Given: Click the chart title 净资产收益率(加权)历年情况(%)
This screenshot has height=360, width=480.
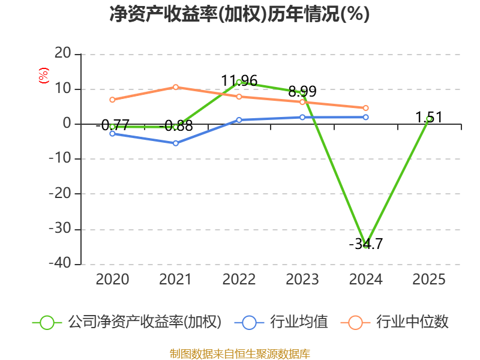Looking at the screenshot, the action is coord(239,14).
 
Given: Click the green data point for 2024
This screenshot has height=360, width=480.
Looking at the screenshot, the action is coord(365,245).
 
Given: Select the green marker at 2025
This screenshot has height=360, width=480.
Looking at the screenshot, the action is coord(429,119).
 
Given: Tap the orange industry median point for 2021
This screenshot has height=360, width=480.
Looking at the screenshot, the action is coord(175,87).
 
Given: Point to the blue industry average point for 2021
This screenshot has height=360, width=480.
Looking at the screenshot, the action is coord(175,143).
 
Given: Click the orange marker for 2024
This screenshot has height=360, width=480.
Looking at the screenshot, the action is coord(365,108).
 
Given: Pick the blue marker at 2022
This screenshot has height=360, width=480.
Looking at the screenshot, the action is coord(239,120).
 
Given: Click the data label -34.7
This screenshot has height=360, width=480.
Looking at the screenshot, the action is coord(366,244).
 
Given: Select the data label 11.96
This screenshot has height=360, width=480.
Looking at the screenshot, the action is coord(239,81).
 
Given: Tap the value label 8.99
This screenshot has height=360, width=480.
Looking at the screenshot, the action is coord(302,91).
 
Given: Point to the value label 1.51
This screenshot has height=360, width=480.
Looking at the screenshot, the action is coord(429,118).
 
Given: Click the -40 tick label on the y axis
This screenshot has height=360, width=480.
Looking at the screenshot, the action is coord(60,263).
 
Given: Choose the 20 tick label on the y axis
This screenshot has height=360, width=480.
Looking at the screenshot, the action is coord(63,53).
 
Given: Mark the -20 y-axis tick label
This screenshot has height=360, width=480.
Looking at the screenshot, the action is coord(60,193).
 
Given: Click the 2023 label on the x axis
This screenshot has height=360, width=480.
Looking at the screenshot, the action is coord(302,280).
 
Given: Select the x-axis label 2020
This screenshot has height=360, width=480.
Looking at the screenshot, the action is coord(112,280).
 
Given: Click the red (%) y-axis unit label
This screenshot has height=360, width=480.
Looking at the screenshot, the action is coord(43,76).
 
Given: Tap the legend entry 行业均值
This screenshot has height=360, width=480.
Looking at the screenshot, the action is coord(281,322).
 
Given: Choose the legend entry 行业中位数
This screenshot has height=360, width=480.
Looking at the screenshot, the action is coord(395,322).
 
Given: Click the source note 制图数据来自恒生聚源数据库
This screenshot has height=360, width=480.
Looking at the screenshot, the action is coord(240,354).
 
